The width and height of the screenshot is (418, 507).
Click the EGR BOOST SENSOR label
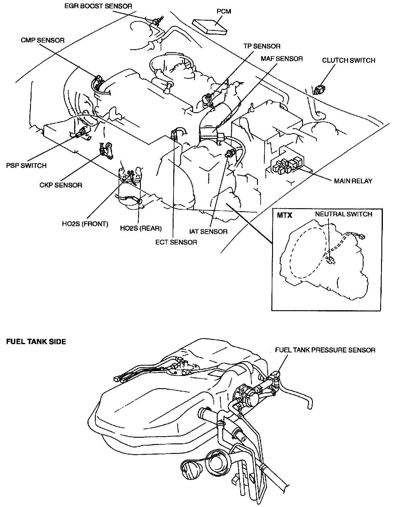pyautogui.click(x=98, y=6)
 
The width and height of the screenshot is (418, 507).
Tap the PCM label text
pyautogui.click(x=224, y=11)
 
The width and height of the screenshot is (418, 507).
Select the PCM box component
pyautogui.click(x=210, y=26)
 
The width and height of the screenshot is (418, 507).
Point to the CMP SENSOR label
pyautogui.click(x=43, y=40)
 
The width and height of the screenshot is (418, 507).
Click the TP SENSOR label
pyautogui.click(x=262, y=46)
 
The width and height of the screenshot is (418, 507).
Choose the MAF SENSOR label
pyautogui.click(x=282, y=59)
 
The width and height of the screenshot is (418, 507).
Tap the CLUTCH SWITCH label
pyautogui.click(x=349, y=60)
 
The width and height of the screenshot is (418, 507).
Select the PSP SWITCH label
pyautogui.click(x=26, y=166)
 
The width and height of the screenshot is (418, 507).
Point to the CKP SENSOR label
pyautogui.click(x=61, y=185)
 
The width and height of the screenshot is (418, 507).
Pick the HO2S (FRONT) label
pyautogui.click(x=85, y=224)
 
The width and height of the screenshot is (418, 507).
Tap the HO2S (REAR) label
pyautogui.click(x=141, y=228)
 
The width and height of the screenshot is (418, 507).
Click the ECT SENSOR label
pyautogui.click(x=176, y=242)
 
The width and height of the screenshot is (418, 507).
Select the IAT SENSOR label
pyautogui.click(x=208, y=232)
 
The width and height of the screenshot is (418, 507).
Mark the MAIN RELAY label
pyautogui.click(x=353, y=181)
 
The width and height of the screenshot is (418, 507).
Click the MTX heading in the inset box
pyautogui.click(x=284, y=215)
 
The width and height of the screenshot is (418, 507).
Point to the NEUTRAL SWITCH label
pyautogui.click(x=344, y=214)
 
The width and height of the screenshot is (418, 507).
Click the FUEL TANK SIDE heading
pyautogui.click(x=36, y=342)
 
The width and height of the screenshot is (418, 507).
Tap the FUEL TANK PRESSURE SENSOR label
pyautogui.click(x=325, y=350)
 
